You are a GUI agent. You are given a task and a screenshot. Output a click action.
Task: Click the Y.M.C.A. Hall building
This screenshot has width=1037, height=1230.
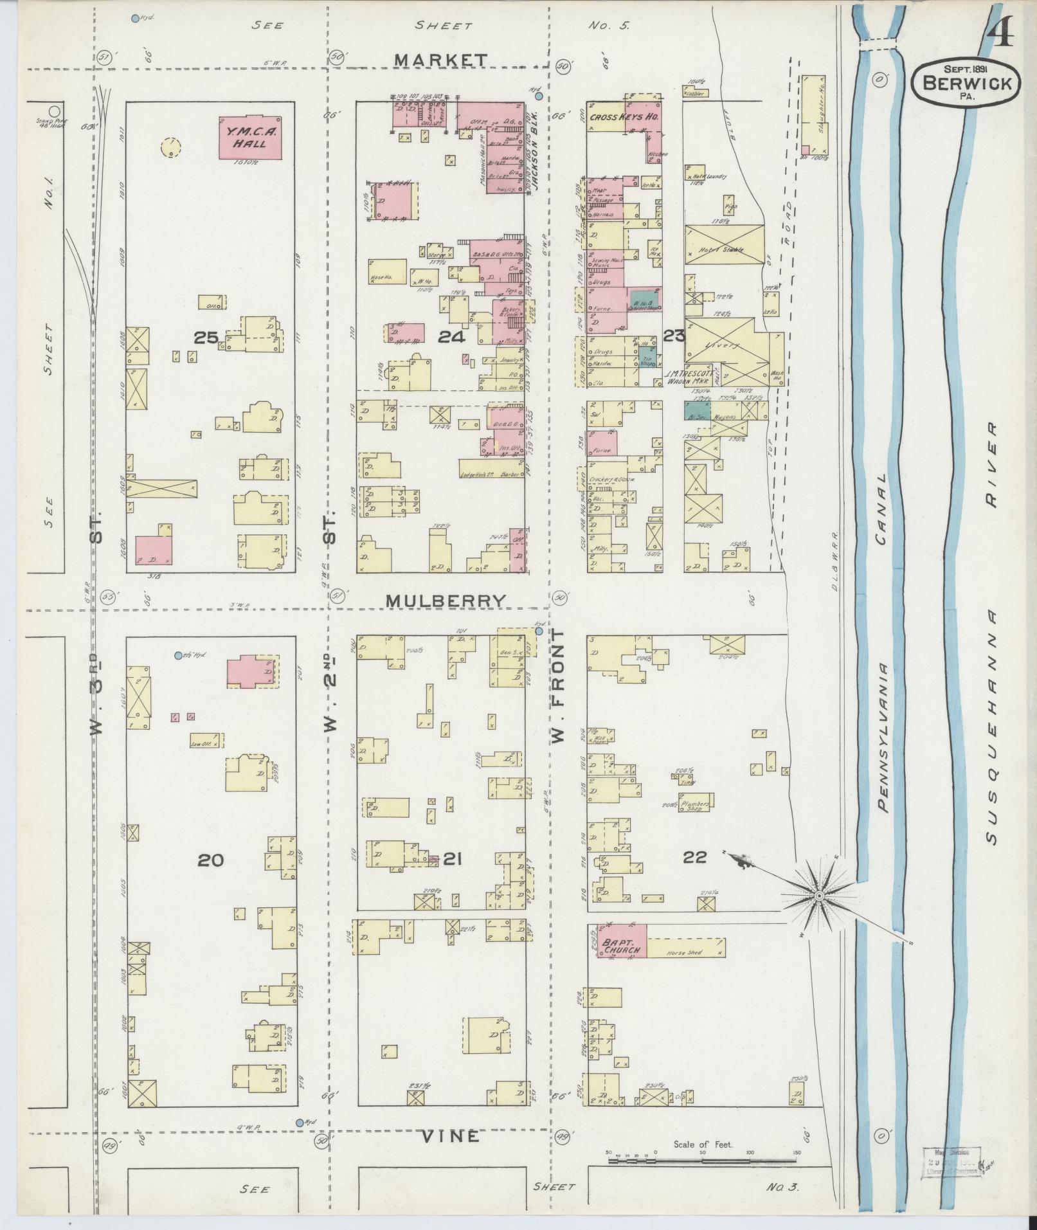(x=251, y=137)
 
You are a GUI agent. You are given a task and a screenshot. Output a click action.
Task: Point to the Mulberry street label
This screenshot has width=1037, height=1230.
(x=446, y=600)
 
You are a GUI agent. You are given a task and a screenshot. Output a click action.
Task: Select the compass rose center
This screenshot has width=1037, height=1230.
(x=820, y=896)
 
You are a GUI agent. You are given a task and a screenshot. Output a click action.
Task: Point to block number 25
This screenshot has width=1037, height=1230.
(x=206, y=337)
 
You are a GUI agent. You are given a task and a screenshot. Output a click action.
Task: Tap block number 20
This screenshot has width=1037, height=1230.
(x=210, y=860)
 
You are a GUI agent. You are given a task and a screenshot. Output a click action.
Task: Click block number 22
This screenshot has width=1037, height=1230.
(x=696, y=856)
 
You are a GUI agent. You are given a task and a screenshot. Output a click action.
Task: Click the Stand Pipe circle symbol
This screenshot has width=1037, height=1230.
(x=55, y=111)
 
